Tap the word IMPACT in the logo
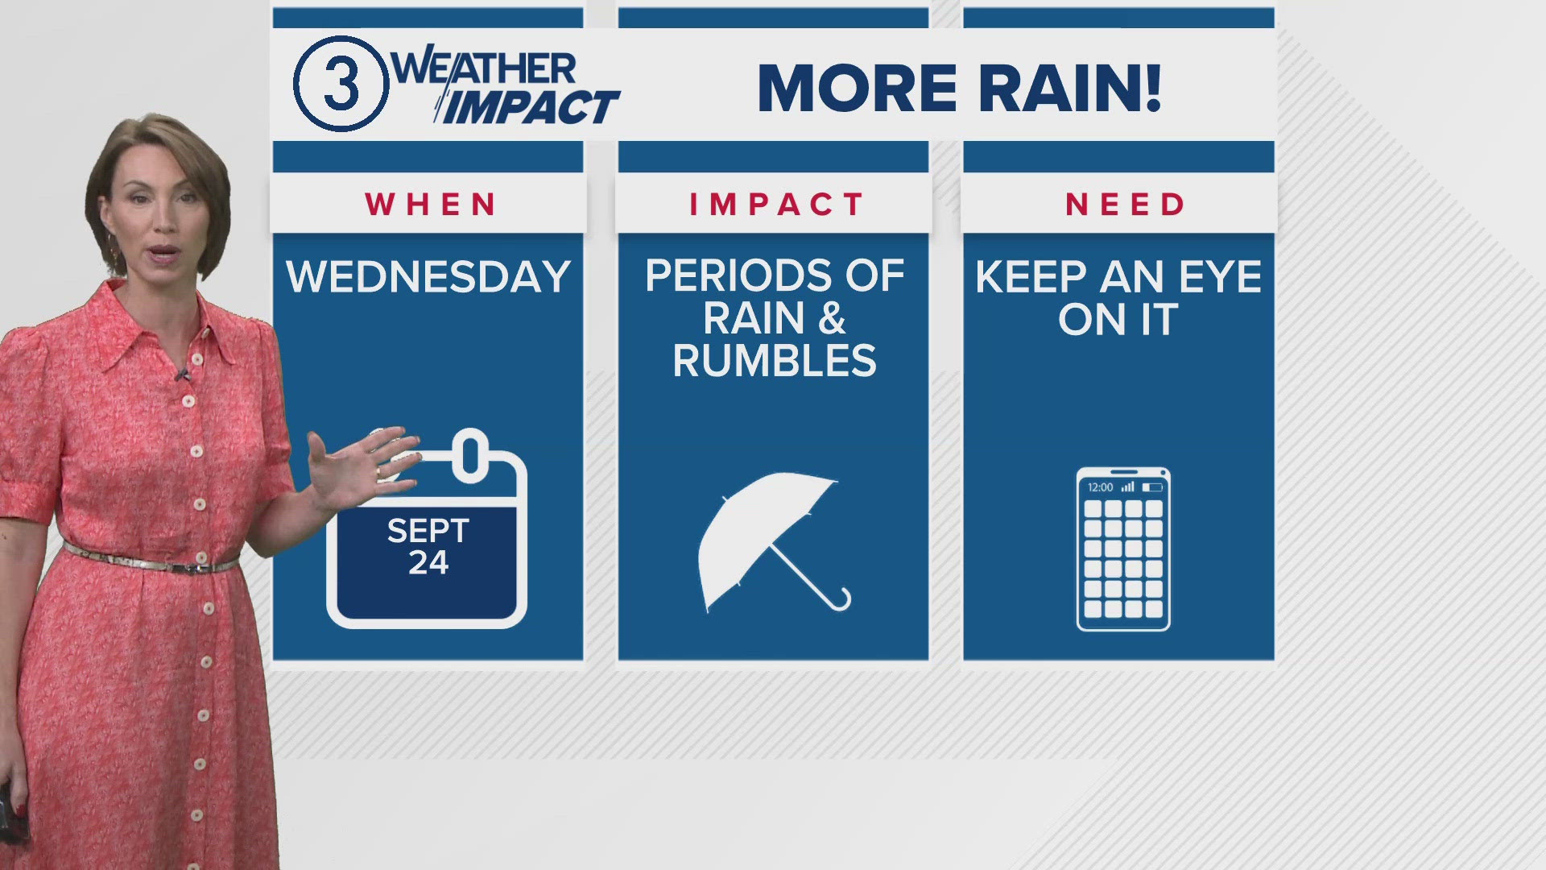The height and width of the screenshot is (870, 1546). pos(527,108)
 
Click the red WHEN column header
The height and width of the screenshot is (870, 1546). pos(431,205)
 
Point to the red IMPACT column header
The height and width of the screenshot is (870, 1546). pos(776,205)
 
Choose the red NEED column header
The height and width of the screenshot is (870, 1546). pos(1125,205)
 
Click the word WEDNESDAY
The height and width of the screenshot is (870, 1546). pos(428,277)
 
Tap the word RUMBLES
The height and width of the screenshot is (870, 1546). pos(775,361)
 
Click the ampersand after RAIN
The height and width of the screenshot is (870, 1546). pos(832,318)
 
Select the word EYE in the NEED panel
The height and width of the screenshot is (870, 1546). pos(1221,277)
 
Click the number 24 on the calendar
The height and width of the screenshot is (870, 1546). pos(428,562)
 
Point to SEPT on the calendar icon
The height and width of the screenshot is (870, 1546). pos(428,531)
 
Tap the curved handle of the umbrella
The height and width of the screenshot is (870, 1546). pos(841,600)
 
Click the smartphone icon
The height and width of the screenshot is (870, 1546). pos(1123,549)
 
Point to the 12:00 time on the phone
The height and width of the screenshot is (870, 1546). pos(1100,487)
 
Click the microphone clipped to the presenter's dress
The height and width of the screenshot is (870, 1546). pos(182,375)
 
